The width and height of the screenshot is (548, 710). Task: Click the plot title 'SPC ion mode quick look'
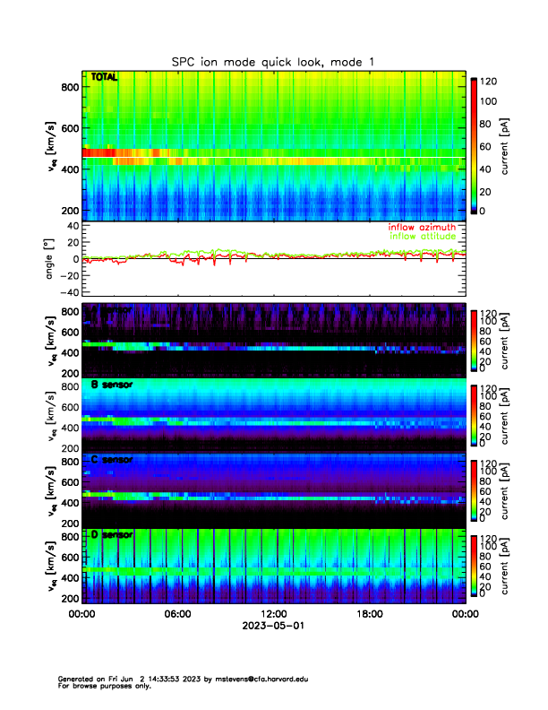273,61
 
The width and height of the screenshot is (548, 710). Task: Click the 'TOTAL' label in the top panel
104,78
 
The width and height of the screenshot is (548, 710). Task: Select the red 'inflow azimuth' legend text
422,228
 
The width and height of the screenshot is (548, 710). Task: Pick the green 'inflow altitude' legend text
423,237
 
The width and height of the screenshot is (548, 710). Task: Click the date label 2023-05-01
273,627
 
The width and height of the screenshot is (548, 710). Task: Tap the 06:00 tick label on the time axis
177,615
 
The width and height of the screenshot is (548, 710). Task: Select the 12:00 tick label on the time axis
273,615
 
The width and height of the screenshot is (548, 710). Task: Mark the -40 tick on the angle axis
68,292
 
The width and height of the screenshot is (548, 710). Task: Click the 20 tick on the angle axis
71,242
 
